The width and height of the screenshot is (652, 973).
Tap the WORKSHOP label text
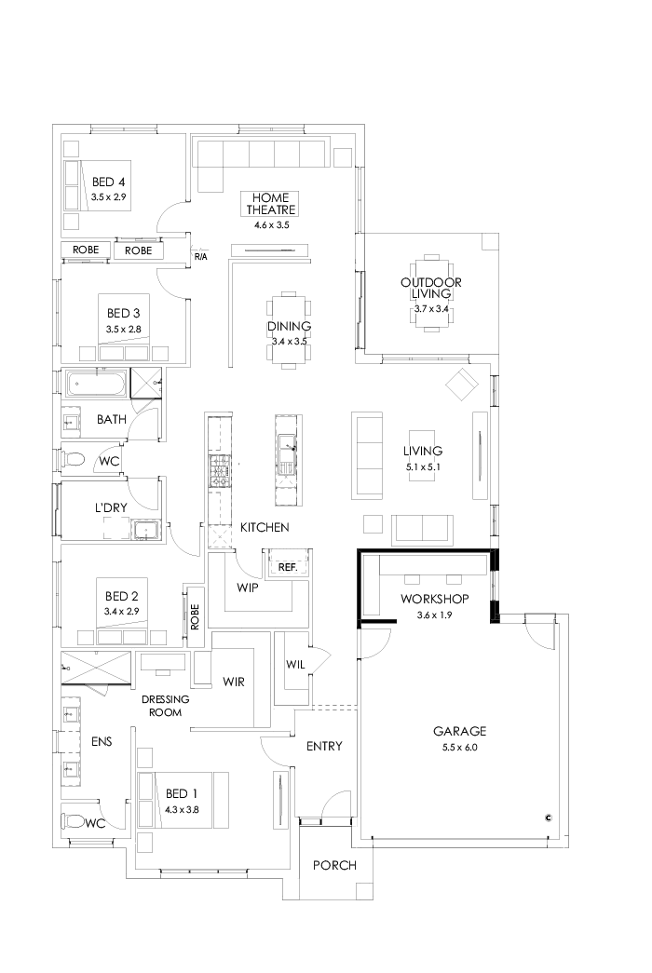434,598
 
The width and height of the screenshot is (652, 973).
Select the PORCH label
334,865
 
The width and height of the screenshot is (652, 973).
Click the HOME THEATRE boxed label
272,204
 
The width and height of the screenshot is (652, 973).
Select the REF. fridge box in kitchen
287,565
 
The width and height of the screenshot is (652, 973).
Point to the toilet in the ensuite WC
74,821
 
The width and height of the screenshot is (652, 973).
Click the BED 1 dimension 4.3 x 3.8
183,809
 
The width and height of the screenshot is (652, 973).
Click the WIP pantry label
248,588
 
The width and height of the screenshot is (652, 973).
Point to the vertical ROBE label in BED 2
195,616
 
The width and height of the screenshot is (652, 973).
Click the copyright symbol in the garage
549,818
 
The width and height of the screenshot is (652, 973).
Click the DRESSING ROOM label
166,705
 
